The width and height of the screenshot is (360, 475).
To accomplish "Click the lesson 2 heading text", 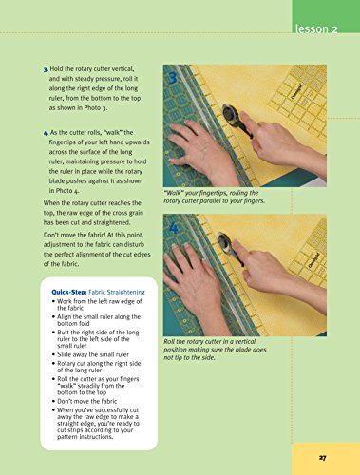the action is [316, 28].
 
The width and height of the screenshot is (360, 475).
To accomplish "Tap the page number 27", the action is [322, 458].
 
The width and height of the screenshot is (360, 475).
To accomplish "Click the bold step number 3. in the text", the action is [46, 69].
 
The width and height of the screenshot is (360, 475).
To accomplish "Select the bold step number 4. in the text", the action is [46, 133].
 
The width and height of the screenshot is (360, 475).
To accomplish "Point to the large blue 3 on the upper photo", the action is [173, 78].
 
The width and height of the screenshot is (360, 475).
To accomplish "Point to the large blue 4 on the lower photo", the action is [174, 227].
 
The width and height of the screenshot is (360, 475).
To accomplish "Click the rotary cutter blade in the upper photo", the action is [231, 114].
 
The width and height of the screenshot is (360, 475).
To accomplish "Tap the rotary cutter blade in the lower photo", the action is [225, 241].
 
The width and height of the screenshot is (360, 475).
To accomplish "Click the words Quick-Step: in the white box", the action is [69, 292].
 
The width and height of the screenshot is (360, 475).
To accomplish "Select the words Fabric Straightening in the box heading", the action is [117, 292].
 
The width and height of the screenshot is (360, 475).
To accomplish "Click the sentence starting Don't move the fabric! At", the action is [97, 250].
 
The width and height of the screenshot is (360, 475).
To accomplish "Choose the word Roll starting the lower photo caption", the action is [169, 342].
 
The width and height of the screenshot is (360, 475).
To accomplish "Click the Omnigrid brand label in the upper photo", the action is [297, 91].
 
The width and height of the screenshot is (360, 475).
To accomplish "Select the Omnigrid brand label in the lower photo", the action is [314, 260].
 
